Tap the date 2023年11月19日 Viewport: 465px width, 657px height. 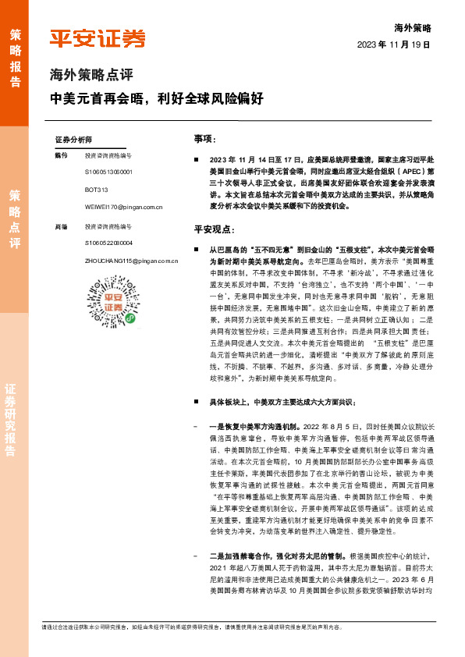tap(394, 45)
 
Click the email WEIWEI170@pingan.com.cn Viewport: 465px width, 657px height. tap(122, 208)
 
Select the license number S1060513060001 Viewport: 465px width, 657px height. tap(108, 172)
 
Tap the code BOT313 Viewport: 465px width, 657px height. tap(97, 190)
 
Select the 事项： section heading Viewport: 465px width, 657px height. tap(204, 138)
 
